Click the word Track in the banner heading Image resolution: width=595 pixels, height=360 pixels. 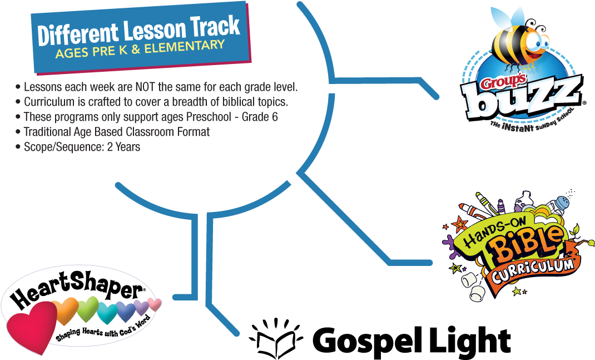tap(216, 27)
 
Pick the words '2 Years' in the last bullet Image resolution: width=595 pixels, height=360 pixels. tap(123, 147)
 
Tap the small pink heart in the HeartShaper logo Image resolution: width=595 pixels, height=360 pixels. tap(155, 304)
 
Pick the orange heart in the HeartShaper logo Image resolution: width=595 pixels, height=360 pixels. tap(65, 310)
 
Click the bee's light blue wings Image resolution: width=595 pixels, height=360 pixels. tap(507, 17)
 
